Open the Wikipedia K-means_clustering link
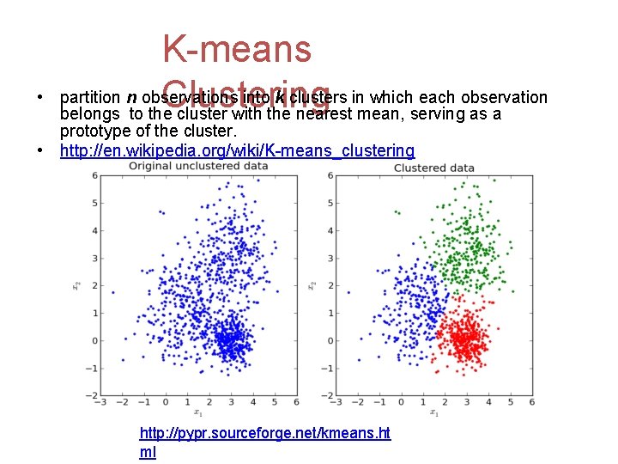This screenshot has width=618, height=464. pos(237,151)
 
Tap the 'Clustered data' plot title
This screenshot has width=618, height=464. pos(433,168)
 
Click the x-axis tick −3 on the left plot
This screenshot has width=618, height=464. pos(101,402)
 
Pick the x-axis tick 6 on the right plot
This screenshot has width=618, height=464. pos(532,402)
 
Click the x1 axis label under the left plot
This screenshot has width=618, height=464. pos(198,412)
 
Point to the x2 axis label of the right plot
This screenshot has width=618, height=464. pos(312,284)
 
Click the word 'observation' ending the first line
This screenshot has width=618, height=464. pos(507,97)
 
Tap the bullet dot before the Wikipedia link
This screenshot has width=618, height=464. pos(41,151)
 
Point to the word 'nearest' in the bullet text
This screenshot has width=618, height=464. pos(323,114)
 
